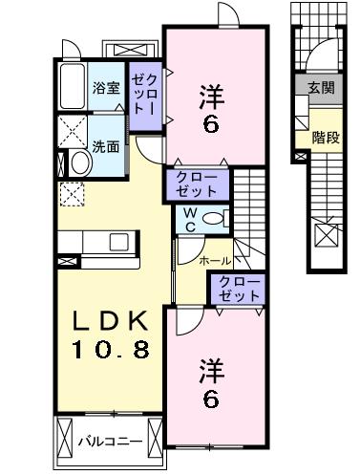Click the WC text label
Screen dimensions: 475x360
pos(190,217)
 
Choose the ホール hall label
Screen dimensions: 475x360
pos(213,260)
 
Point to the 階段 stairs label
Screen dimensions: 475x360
pos(326,136)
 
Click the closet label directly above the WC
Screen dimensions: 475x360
pos(198,183)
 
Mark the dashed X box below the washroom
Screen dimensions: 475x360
pos(72,194)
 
